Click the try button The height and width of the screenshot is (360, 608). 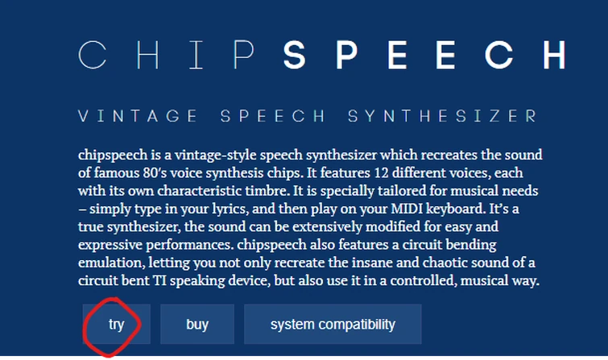point(117,325)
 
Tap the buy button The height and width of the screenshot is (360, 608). point(197,325)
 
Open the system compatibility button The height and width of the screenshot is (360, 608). point(333,325)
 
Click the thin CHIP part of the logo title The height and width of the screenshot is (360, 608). point(168,55)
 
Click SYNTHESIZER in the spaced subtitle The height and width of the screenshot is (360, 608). point(442,117)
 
